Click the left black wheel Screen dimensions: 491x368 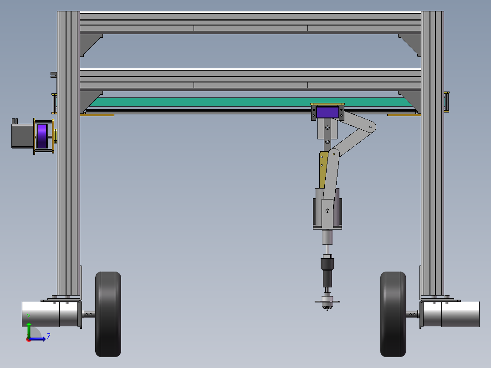coord(108,314)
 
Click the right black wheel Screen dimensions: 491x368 coord(393,314)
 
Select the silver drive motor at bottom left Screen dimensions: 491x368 coord(50,314)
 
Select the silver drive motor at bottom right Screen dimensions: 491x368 coord(451,314)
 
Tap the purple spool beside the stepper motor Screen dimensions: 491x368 coord(42,136)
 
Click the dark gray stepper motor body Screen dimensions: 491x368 coord(23,136)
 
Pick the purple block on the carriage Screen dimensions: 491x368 coord(327,112)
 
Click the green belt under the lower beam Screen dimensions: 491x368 coord(251,102)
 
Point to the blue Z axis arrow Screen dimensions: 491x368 coord(37,339)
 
